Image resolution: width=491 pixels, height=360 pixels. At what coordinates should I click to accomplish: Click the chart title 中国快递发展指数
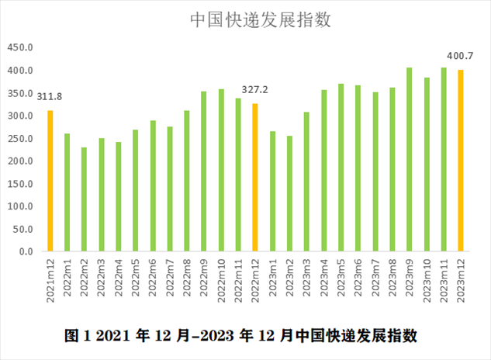261,21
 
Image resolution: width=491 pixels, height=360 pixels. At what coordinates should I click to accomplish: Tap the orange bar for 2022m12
255,178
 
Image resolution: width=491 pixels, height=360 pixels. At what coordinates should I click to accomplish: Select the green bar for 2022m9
204,171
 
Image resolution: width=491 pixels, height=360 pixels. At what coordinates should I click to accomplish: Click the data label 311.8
50,96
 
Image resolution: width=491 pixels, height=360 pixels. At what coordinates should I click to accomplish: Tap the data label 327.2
254,89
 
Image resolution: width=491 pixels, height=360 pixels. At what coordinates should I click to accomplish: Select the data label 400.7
460,56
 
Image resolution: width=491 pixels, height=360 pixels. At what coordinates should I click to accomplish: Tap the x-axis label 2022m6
153,277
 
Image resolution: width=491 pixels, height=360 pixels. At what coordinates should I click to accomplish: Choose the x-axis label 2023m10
427,279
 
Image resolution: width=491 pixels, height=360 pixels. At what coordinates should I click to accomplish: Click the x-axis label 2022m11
238,279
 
